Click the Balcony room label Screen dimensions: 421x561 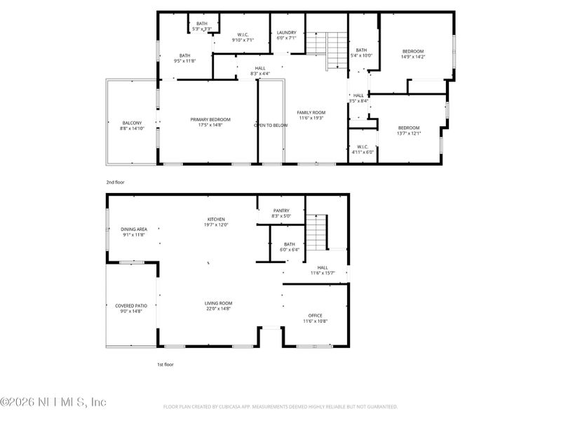click(132, 126)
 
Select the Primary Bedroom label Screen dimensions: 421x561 click(210, 122)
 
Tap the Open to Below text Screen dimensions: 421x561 click(271, 126)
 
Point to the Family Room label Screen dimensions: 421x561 click(311, 115)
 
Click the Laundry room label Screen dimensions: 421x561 click(286, 35)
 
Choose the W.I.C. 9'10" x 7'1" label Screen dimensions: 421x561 click(242, 37)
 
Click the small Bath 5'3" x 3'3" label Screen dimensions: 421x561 click(202, 27)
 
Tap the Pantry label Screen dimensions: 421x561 click(280, 213)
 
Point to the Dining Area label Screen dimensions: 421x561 click(133, 232)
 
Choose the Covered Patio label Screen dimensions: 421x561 click(131, 309)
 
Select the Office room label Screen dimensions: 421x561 click(316, 319)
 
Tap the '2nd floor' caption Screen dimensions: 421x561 click(115, 182)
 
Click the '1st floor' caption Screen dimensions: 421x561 click(165, 365)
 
